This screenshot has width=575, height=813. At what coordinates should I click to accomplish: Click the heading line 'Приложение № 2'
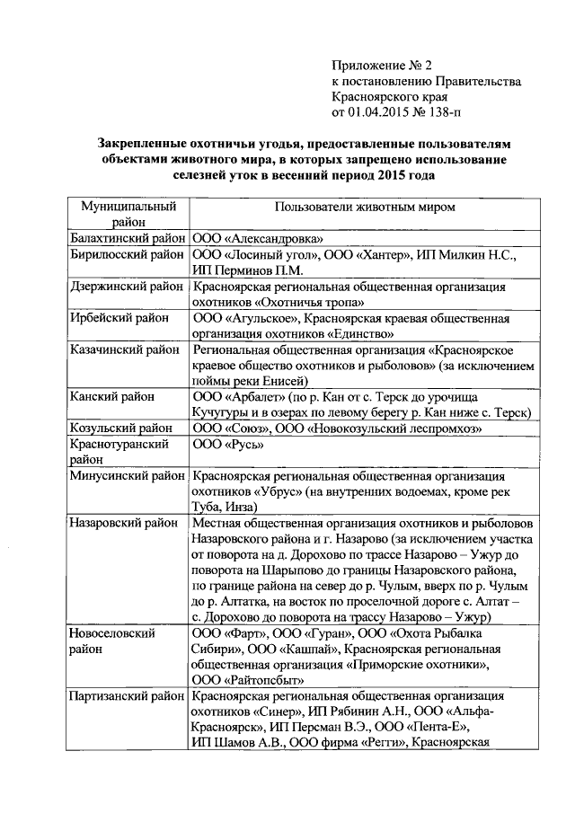pos(382,66)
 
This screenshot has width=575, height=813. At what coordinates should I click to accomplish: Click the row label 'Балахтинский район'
pos(128,239)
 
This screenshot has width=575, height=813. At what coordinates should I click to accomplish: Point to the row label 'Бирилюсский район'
pos(128,255)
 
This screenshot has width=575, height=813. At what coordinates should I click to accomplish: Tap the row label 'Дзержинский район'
pos(128,287)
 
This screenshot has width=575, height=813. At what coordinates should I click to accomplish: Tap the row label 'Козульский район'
pos(121,429)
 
